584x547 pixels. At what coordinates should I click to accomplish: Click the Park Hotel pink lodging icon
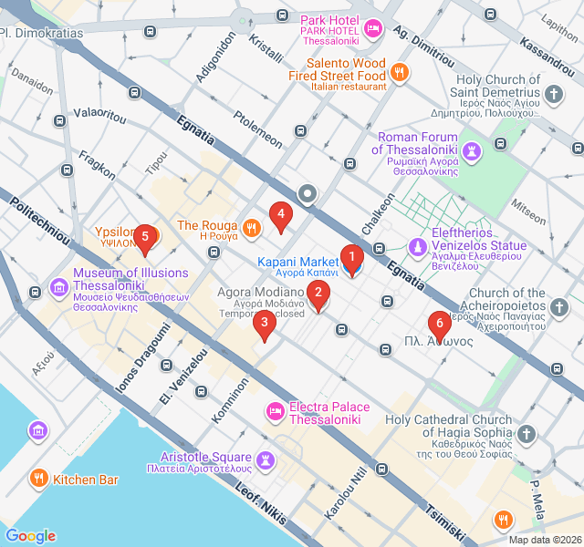coord(372,30)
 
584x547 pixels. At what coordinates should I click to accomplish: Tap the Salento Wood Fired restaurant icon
coord(399,69)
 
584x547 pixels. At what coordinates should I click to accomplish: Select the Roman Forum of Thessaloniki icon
coord(472,150)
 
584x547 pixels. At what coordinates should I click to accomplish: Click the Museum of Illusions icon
coord(60,288)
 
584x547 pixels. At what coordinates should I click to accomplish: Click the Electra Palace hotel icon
coord(274,414)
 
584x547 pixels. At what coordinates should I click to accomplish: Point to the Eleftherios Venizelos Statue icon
coord(417,246)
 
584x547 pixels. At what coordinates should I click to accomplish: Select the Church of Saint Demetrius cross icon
coord(554,93)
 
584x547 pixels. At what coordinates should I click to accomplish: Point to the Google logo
coord(30,536)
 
